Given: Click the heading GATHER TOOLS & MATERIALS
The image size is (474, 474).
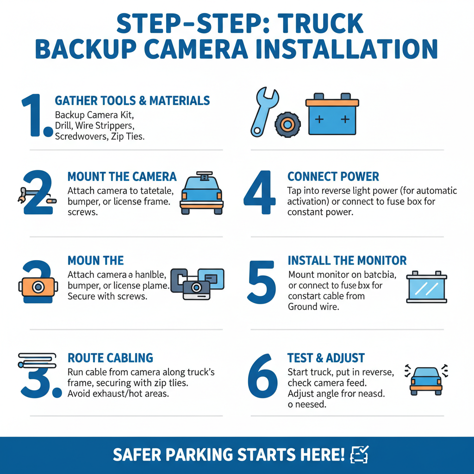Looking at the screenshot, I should tap(132, 100).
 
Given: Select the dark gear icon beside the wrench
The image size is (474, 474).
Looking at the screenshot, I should tap(287, 124).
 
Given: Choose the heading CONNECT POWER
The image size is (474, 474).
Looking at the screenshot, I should tap(333, 176).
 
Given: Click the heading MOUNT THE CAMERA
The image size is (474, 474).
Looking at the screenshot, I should tap(122, 176).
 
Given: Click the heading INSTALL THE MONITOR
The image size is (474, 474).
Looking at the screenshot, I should tap(347, 260).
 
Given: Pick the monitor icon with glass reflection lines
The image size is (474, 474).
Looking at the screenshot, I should tap(426, 287).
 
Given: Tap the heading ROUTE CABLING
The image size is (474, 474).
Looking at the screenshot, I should tap(110, 358).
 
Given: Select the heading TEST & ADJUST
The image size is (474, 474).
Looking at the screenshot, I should tap(326, 358).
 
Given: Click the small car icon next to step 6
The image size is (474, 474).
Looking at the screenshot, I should tap(425, 380).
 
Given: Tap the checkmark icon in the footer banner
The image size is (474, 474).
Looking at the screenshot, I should tap(360, 454).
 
